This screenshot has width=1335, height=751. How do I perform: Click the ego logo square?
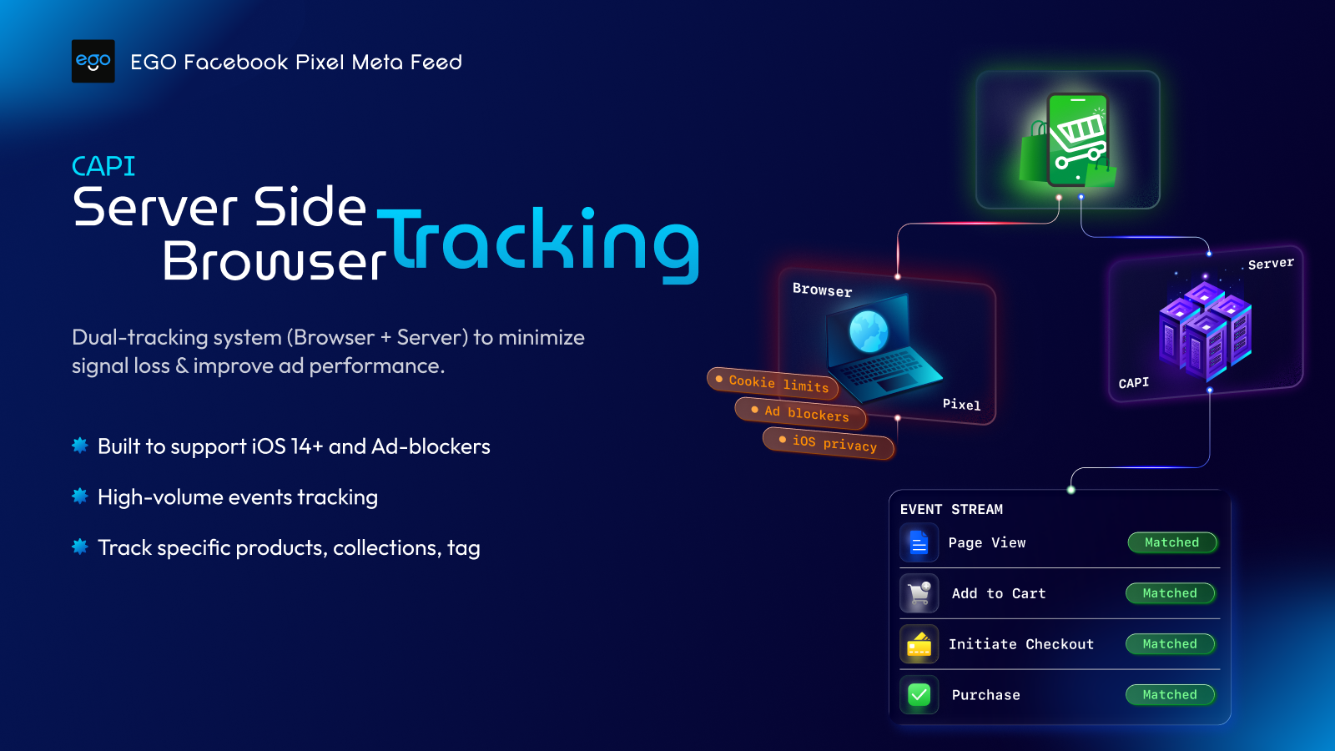tap(93, 61)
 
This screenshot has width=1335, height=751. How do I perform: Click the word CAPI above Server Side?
tap(103, 166)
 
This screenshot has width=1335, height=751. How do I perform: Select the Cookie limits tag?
tap(773, 383)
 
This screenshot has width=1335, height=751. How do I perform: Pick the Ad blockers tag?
tap(800, 412)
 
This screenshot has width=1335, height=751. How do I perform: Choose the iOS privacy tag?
tap(829, 442)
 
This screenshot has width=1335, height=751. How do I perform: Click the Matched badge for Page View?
tap(1171, 542)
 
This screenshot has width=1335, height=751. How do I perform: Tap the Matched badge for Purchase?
tap(1170, 694)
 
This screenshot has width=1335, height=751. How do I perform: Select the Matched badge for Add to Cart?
tap(1170, 593)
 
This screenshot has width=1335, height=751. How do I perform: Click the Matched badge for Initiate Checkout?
tap(1170, 644)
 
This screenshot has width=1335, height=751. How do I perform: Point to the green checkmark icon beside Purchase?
tap(919, 694)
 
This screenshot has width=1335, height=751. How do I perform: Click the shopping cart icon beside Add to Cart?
tap(919, 593)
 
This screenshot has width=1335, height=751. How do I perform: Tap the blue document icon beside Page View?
tap(919, 543)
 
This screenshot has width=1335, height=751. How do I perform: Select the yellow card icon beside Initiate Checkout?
tap(919, 644)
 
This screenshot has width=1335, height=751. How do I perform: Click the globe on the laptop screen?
tap(869, 330)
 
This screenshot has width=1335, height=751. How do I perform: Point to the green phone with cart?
tap(1076, 140)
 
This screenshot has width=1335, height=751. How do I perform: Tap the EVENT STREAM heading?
tap(951, 509)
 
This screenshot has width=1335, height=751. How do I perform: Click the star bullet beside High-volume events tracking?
tap(80, 496)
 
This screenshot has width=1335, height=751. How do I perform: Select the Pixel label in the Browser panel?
tap(961, 405)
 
